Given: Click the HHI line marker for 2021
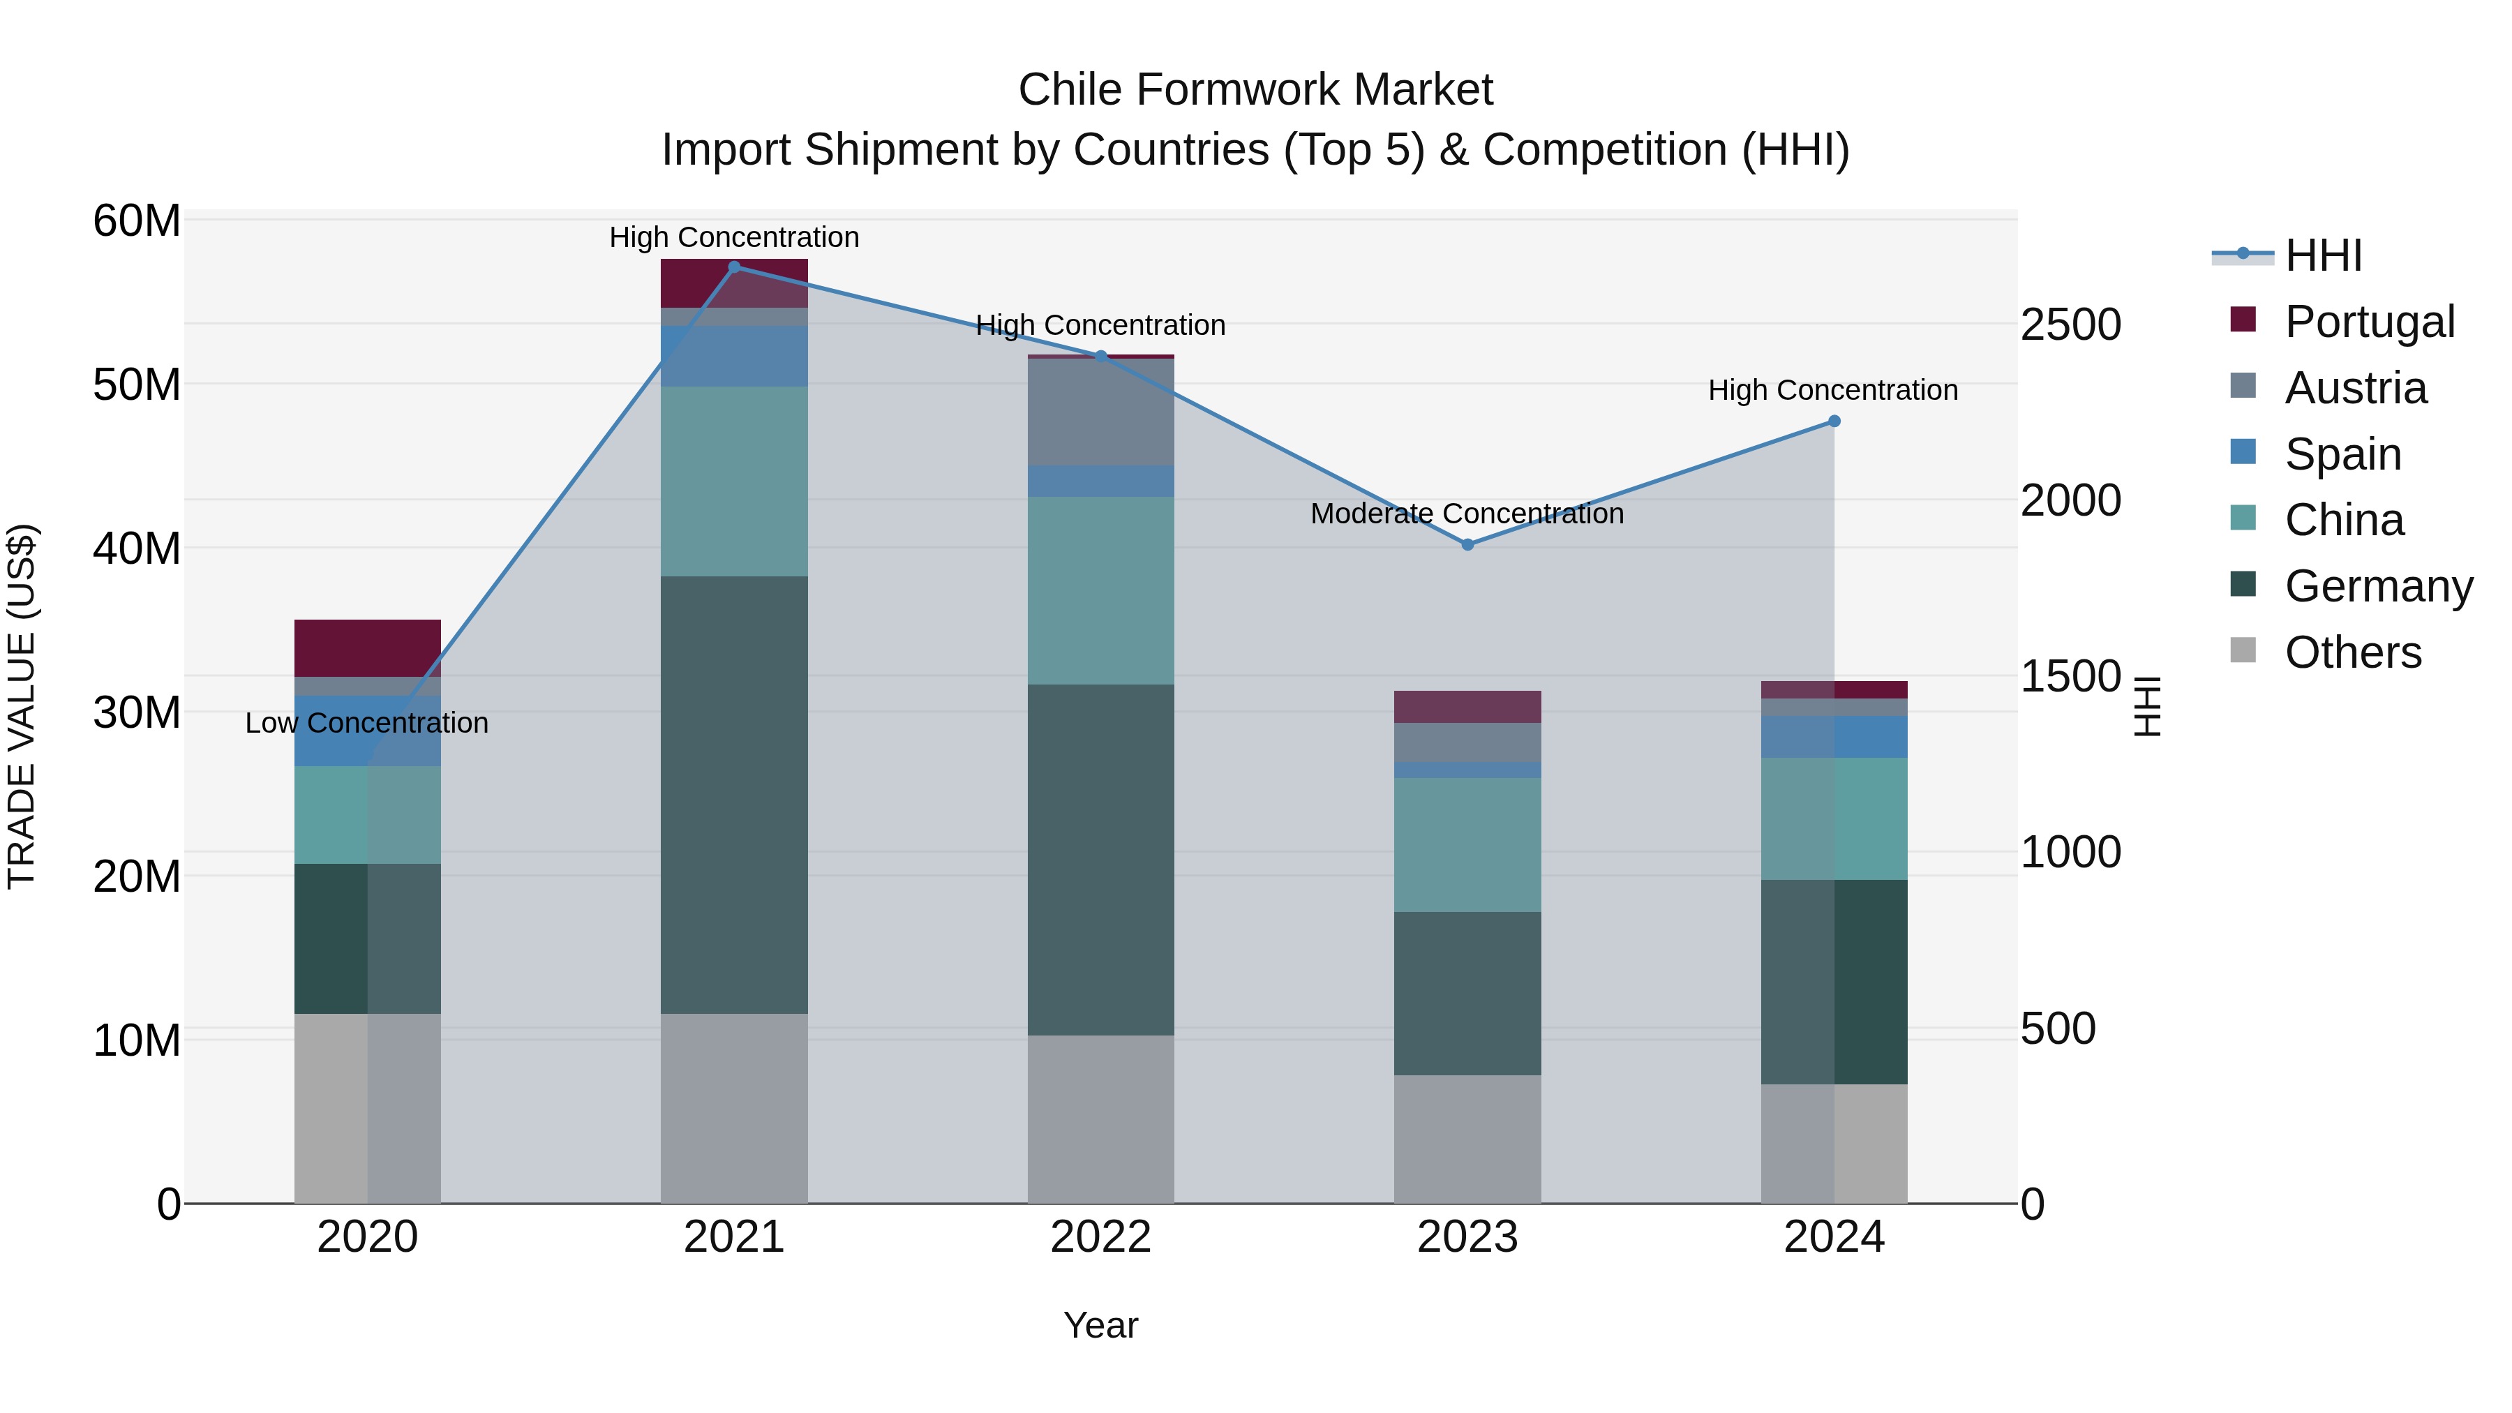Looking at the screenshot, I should pos(734,267).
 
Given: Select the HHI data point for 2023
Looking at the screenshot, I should pos(1467,545).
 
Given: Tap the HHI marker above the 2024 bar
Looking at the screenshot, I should pos(1834,421).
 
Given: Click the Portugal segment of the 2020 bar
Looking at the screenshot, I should pos(368,648).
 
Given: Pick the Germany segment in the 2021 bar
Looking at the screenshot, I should pos(734,795).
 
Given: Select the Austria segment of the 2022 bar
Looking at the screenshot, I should pos(1101,412).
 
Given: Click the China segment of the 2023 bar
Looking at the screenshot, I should pos(1467,844).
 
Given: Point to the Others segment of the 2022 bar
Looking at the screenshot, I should pos(1101,1119).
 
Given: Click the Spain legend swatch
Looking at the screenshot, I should pos(2243,452).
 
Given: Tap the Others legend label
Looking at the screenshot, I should pos(2353,652).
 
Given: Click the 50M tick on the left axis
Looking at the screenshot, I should pos(137,385).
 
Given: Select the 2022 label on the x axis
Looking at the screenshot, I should pos(1101,1237).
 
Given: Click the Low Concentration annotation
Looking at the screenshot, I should pos(366,724).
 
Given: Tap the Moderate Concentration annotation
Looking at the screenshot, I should pos(1467,514).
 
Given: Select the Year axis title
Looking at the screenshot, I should pos(1101,1325).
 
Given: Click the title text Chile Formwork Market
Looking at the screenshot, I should pos(1255,90).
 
